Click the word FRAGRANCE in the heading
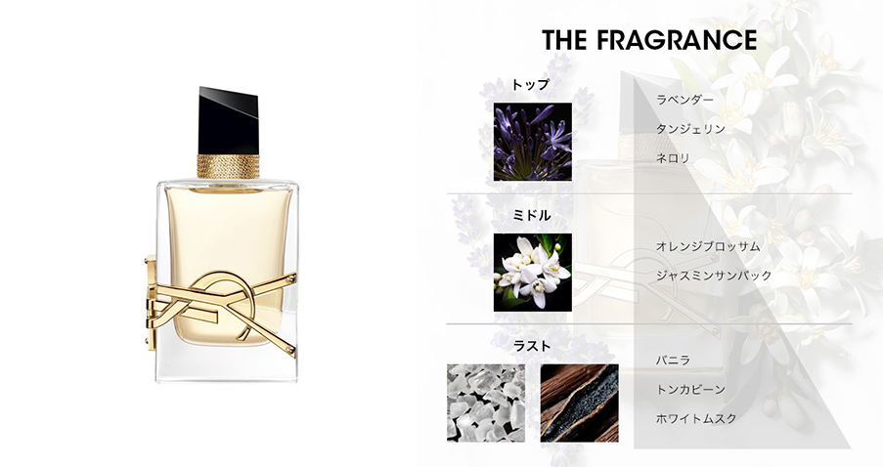pos(676,40)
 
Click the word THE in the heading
pos(565,40)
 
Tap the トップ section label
pos(530,85)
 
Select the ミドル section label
pos(531,216)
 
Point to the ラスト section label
pos(532,346)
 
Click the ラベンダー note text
pos(684,100)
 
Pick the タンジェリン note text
pos(690,129)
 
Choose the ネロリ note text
pos(673,158)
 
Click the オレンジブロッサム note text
pos(708,246)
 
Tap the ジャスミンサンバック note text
pos(714,276)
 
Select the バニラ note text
pos(673,361)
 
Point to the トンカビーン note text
pos(690,390)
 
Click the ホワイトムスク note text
pos(696,418)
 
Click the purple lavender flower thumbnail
pos(533,142)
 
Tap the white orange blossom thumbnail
pos(533,273)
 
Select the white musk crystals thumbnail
pos(486,403)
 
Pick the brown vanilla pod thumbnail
pos(580,403)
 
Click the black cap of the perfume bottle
pos(228,120)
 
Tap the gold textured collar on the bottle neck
pos(228,166)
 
